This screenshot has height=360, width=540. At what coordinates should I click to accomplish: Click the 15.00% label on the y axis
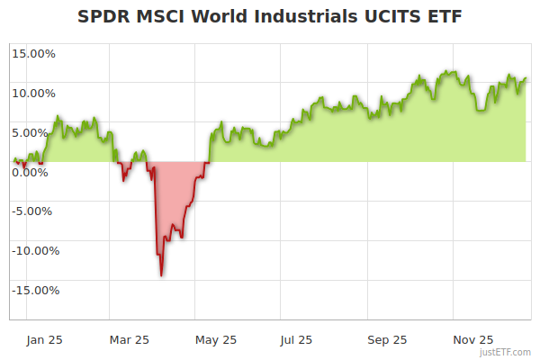point(34,53)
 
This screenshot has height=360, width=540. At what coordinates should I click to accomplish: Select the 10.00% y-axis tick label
point(34,93)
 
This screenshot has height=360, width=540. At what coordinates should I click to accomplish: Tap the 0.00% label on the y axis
point(34,172)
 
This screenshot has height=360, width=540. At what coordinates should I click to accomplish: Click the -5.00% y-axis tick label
point(34,211)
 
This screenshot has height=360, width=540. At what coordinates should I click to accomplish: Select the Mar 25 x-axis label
point(129,339)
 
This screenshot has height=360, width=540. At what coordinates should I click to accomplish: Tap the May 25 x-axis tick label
point(216,339)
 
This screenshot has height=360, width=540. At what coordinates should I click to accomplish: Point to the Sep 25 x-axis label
point(387,339)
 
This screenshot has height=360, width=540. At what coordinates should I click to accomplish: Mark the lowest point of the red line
point(161,275)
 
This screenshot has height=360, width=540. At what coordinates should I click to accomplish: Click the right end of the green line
point(526,77)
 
